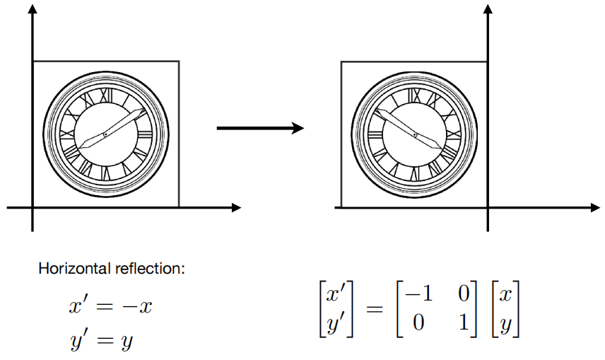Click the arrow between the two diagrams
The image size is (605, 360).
[259, 128]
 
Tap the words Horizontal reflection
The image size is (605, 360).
[111, 269]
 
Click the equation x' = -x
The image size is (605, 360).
[110, 307]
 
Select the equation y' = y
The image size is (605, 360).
[101, 341]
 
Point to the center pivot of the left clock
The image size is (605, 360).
[105, 134]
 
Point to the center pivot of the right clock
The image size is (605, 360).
[417, 134]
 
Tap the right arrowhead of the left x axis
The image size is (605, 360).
[236, 207]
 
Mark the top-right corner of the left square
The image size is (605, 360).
[178, 62]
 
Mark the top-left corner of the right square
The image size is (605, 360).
[341, 62]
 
